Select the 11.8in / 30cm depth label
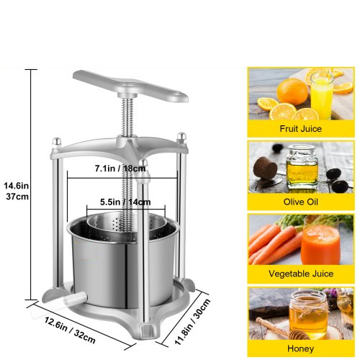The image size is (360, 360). point(192,322)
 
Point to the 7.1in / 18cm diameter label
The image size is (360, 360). point(120,168)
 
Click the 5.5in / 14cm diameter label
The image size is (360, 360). point(125,202)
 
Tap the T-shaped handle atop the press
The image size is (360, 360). point(130,86)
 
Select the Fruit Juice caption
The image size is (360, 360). point(300,129)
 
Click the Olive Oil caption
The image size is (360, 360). point(300,202)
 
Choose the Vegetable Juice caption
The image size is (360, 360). point(301,274)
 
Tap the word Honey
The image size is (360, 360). point(300,348)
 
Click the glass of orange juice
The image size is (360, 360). point(322,95)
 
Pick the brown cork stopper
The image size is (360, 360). point(266,167)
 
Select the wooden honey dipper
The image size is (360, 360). point(283,329)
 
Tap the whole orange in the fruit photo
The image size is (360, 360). point(292,91)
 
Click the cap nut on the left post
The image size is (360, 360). point(57,141)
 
